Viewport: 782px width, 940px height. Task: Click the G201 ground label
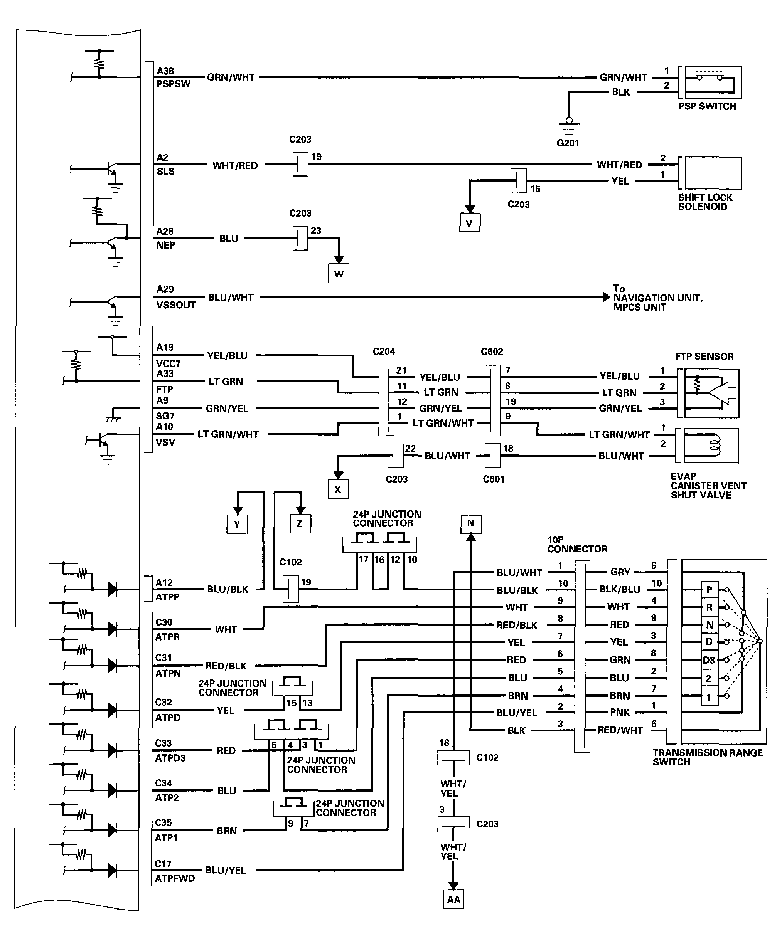pyautogui.click(x=568, y=143)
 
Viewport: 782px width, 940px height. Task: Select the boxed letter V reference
pyautogui.click(x=469, y=222)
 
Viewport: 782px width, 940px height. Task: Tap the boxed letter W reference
pyautogui.click(x=339, y=274)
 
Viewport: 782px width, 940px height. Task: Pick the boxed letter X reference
pyautogui.click(x=338, y=489)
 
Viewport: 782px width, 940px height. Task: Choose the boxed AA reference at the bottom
pyautogui.click(x=453, y=899)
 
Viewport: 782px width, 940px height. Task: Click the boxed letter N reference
pyautogui.click(x=471, y=523)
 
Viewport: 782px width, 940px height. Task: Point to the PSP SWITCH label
pyautogui.click(x=707, y=106)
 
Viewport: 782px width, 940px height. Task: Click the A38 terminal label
pyautogui.click(x=165, y=71)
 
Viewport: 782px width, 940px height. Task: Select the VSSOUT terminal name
pyautogui.click(x=176, y=305)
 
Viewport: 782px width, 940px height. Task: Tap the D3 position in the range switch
pyautogui.click(x=709, y=660)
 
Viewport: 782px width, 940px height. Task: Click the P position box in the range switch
pyautogui.click(x=710, y=590)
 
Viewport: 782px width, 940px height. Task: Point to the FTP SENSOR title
pyautogui.click(x=704, y=357)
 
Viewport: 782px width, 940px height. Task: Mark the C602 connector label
pyautogui.click(x=492, y=351)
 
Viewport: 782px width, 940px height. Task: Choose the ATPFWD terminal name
pyautogui.click(x=175, y=878)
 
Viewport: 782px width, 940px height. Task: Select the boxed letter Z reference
pyautogui.click(x=300, y=524)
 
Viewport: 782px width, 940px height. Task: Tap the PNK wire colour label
pyautogui.click(x=620, y=712)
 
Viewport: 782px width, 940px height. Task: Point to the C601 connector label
pyautogui.click(x=494, y=479)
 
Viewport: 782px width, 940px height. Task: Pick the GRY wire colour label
pyautogui.click(x=620, y=572)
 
